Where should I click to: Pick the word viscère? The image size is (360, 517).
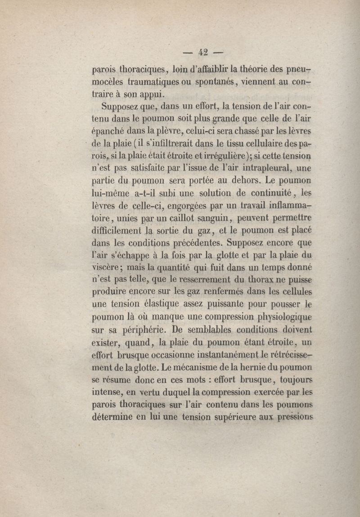click(x=105, y=267)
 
